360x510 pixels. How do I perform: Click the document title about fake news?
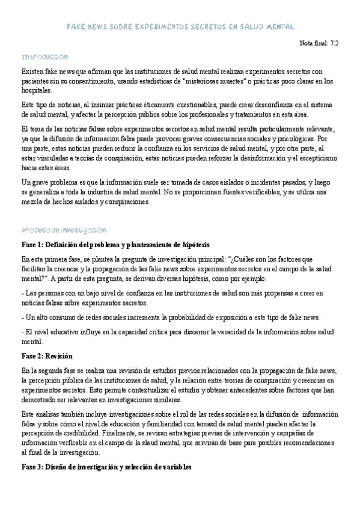click(x=180, y=27)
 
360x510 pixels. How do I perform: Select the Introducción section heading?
click(x=44, y=57)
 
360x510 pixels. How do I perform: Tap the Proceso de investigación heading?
click(x=63, y=230)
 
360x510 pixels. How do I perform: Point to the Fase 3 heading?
click(x=106, y=467)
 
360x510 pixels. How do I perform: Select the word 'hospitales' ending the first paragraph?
click(x=36, y=90)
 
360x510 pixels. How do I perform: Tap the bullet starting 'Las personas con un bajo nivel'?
click(x=172, y=298)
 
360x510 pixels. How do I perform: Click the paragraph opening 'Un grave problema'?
click(x=174, y=192)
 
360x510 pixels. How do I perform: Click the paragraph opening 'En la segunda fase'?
click(x=180, y=385)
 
